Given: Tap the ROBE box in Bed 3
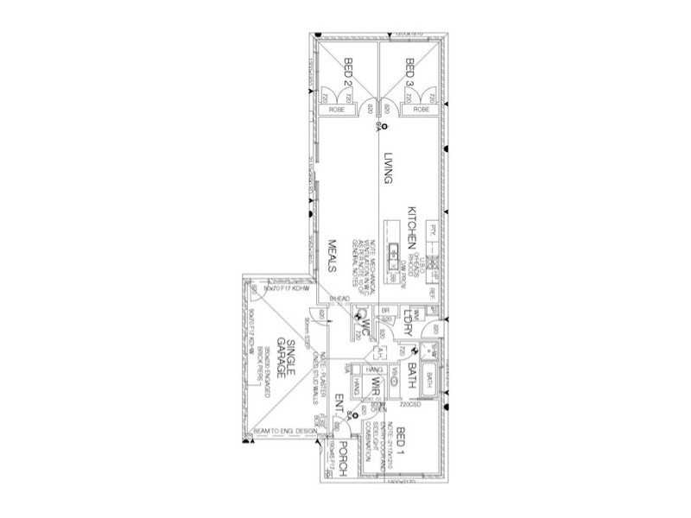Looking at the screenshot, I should click(x=422, y=111).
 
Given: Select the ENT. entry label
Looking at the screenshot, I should click(x=339, y=403).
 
